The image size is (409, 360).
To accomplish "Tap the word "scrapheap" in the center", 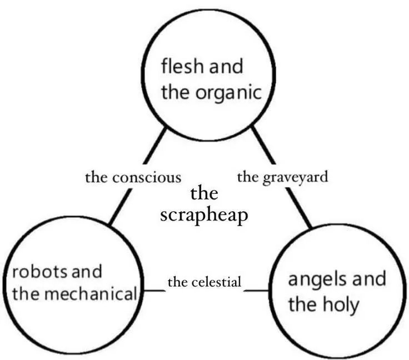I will pyautogui.click(x=204, y=215).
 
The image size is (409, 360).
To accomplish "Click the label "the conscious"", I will pyautogui.click(x=133, y=178).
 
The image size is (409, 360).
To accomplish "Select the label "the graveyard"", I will pyautogui.click(x=282, y=177).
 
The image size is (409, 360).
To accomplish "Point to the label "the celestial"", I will pyautogui.click(x=205, y=282).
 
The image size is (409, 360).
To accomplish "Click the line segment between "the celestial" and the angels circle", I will pyautogui.click(x=256, y=291).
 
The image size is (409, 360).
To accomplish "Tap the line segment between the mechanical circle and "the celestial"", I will pyautogui.click(x=151, y=291).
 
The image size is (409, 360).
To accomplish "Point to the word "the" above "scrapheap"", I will pyautogui.click(x=204, y=194).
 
